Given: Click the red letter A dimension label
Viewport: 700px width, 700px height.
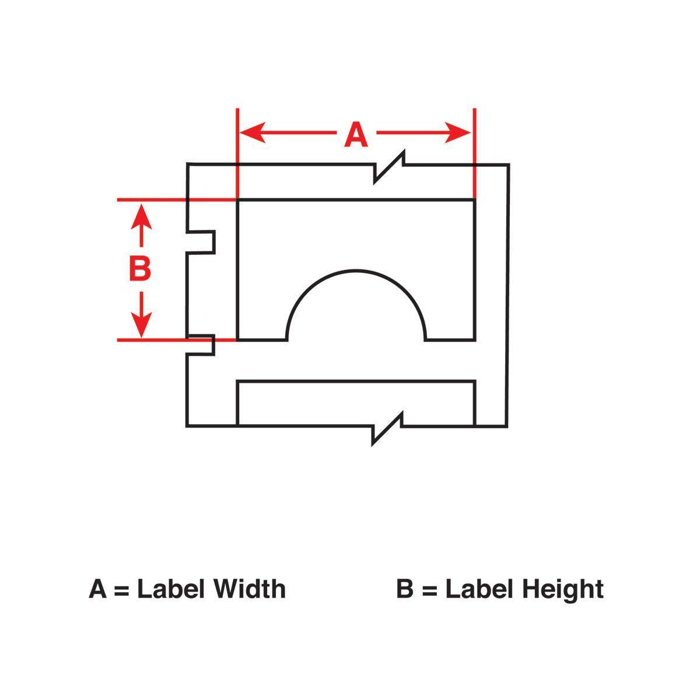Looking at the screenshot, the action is tap(356, 135).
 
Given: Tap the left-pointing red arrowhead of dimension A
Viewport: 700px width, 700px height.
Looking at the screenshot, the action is tap(253, 132).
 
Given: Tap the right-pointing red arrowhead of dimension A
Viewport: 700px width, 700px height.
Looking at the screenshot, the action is tap(458, 132).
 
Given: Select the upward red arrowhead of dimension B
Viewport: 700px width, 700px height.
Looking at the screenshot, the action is tap(141, 216).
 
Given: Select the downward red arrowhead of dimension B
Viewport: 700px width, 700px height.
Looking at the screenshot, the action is tap(141, 324).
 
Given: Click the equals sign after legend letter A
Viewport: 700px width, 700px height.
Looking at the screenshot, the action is tap(121, 591).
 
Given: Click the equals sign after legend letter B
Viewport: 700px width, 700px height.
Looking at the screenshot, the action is tap(429, 591).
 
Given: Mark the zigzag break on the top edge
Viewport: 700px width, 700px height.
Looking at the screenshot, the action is tap(389, 166).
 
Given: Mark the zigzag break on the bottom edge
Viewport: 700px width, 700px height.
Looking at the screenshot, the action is tap(387, 428).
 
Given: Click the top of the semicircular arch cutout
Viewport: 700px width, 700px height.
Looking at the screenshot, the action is tap(356, 270).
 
